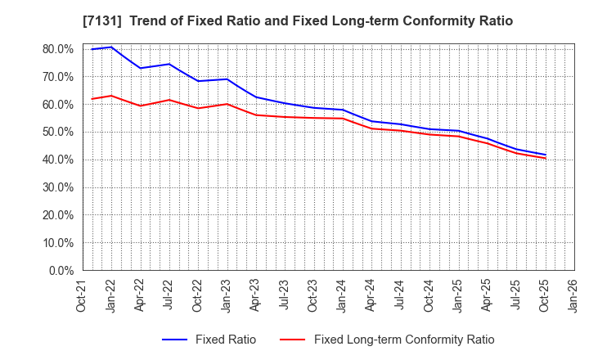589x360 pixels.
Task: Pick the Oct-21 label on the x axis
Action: (x=82, y=295)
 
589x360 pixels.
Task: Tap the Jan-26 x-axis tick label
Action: (x=574, y=295)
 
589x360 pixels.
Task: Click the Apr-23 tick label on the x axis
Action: (x=256, y=295)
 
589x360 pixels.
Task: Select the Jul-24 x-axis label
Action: (x=401, y=295)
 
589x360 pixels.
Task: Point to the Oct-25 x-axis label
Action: (x=546, y=295)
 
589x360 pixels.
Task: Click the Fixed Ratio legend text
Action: (x=225, y=340)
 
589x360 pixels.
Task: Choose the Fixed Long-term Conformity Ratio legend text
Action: (x=404, y=340)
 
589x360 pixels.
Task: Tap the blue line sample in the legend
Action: (x=176, y=340)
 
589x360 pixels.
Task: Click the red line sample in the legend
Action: (x=294, y=340)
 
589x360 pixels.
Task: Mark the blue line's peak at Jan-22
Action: (x=111, y=47)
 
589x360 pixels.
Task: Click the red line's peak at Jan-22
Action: (x=111, y=96)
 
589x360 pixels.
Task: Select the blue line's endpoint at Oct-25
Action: (x=546, y=155)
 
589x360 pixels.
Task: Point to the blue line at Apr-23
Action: (x=256, y=97)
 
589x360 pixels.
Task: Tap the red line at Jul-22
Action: (x=169, y=100)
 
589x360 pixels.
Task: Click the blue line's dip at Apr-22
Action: (x=140, y=68)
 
